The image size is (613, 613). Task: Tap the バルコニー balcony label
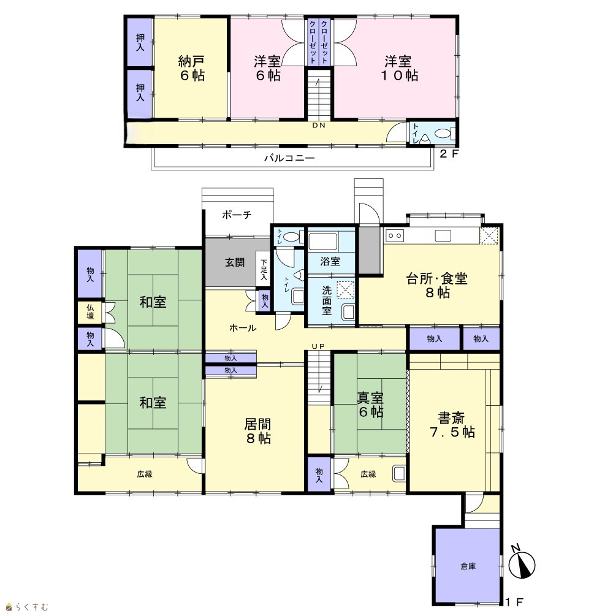(x=289, y=158)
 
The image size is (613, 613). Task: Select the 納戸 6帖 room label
(x=191, y=69)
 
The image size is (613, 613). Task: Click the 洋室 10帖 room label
(x=399, y=69)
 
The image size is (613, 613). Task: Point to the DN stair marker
(x=319, y=126)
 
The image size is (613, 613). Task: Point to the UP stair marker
(x=319, y=346)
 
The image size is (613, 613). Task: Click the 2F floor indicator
(x=449, y=154)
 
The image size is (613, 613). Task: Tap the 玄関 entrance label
(x=235, y=262)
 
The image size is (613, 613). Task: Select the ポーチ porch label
(x=237, y=215)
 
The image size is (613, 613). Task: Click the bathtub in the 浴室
(x=322, y=242)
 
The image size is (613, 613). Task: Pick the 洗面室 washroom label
(x=327, y=300)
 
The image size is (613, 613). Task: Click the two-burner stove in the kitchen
(x=395, y=236)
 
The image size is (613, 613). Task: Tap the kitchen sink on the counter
(x=443, y=236)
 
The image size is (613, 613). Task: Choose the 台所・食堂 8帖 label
(x=437, y=286)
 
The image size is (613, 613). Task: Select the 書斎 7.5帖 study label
(x=452, y=425)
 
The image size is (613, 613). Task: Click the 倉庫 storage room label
(x=468, y=566)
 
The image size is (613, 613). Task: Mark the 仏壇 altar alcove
(x=90, y=311)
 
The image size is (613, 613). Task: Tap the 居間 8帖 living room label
(x=258, y=431)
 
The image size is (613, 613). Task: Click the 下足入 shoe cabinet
(x=264, y=270)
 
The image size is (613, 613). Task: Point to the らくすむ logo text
(x=31, y=607)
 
